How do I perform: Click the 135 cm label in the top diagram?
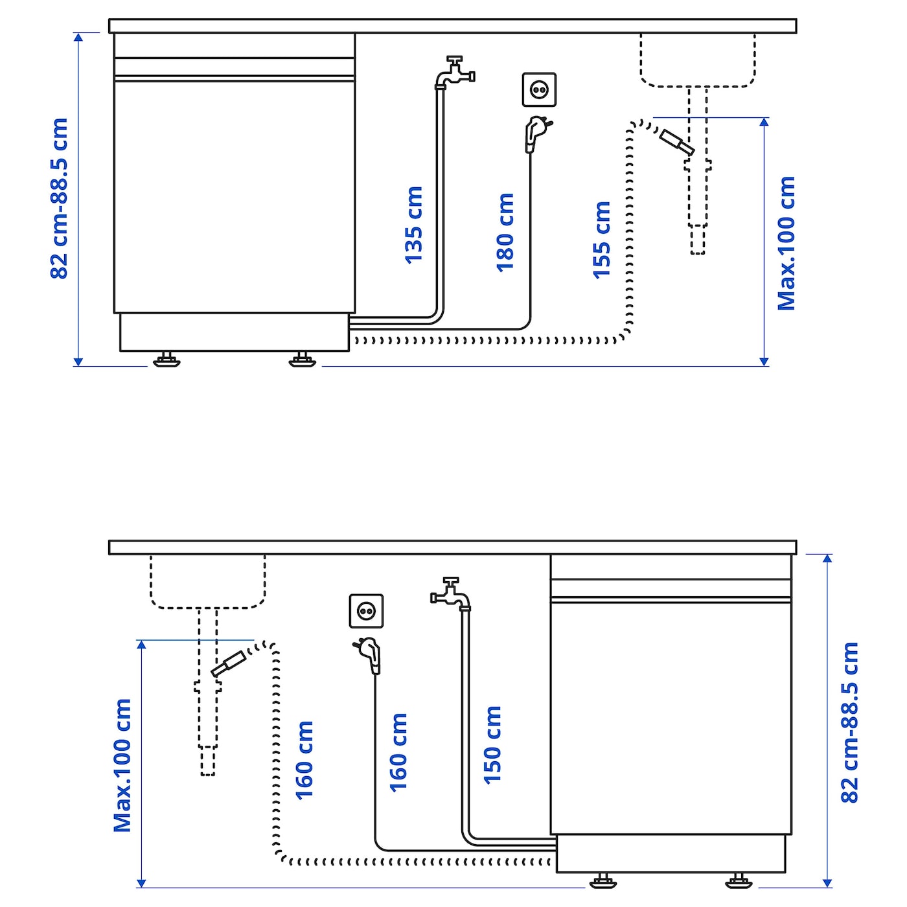coord(414,225)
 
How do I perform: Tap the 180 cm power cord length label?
coord(505,233)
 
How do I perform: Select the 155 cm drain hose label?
coord(601,240)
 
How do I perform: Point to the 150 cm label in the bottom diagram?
coord(493,745)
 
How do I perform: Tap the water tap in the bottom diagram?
coord(450,594)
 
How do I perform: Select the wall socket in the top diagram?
coord(539,89)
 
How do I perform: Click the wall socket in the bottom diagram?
coord(366,611)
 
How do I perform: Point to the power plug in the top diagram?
coord(537,134)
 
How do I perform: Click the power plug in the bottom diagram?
coord(368,656)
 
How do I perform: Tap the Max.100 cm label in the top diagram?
coord(786,244)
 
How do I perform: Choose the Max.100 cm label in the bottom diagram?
coord(122,765)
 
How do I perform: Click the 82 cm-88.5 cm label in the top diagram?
coord(60,199)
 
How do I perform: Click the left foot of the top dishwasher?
coord(166,359)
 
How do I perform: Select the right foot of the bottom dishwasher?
coord(739,880)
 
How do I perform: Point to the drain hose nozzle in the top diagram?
coord(676,143)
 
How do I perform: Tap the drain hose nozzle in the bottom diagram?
coord(229,664)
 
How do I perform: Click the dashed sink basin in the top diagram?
coord(698,60)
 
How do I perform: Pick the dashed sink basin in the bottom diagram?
coord(207,582)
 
